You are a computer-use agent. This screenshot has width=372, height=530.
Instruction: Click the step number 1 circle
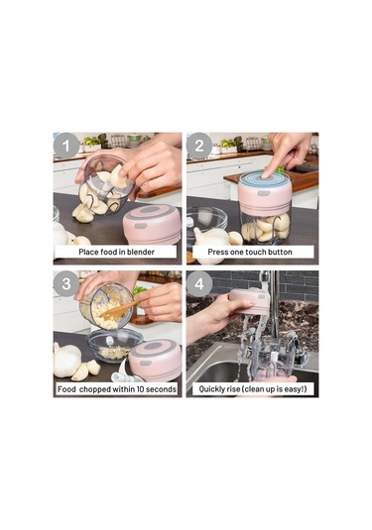(66, 146)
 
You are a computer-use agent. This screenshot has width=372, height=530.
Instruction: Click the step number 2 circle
(199, 146)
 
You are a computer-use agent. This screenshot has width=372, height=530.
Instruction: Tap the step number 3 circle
(66, 284)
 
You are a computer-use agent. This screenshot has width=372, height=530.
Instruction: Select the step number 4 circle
(199, 284)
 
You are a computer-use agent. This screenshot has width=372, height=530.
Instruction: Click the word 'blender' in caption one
(141, 252)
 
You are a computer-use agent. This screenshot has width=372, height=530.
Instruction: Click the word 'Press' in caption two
(218, 252)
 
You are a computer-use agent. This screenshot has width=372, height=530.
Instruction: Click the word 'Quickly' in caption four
(211, 389)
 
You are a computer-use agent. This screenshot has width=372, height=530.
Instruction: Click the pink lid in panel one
(152, 224)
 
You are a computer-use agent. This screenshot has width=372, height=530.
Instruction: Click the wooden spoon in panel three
(119, 311)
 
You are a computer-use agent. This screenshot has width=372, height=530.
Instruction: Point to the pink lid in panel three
(156, 360)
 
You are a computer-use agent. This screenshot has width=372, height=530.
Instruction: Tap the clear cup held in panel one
(105, 184)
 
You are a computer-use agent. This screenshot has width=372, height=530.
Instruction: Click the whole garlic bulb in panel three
(67, 360)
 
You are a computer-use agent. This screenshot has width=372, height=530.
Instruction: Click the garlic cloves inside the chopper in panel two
(267, 227)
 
